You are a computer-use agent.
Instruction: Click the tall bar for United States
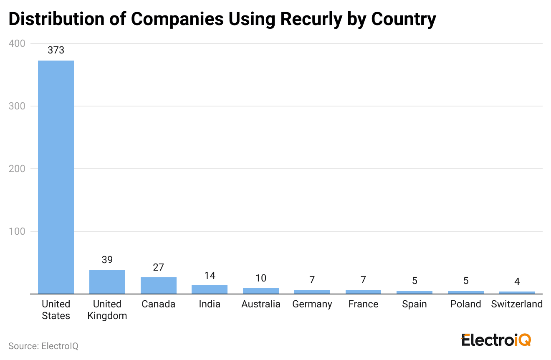[56, 177]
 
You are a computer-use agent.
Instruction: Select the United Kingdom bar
[107, 282]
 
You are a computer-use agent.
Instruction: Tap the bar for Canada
[159, 286]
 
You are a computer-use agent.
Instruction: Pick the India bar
[210, 289]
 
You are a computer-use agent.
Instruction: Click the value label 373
[56, 51]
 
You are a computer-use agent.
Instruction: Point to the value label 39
[107, 260]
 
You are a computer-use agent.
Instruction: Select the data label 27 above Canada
[159, 267]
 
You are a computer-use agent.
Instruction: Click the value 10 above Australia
[261, 278]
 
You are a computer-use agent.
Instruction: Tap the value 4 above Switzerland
[517, 282]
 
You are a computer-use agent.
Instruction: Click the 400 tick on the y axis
[17, 43]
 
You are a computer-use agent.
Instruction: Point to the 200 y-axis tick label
[17, 169]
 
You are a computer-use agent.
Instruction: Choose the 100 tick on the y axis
[17, 231]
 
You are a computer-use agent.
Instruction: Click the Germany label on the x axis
[312, 304]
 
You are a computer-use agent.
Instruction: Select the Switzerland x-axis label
[517, 304]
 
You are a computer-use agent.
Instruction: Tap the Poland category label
[466, 304]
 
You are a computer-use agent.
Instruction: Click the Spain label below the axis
[415, 304]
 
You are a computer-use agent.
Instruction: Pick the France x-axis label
[364, 304]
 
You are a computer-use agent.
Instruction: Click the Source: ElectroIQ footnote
[43, 346]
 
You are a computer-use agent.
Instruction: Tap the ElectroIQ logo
[496, 340]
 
